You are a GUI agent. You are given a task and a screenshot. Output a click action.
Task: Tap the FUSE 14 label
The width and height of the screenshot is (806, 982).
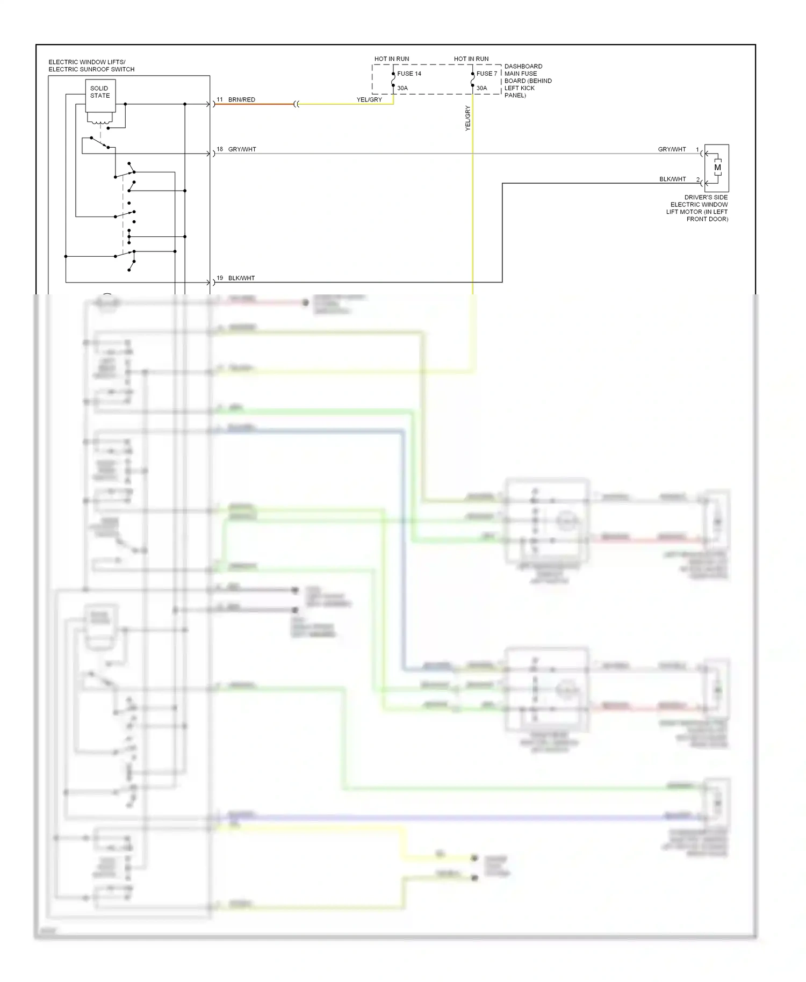pos(409,74)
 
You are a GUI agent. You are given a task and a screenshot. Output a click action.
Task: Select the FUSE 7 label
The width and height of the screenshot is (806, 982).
pos(487,74)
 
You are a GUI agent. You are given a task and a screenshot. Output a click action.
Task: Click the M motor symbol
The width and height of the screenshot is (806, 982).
pos(717,168)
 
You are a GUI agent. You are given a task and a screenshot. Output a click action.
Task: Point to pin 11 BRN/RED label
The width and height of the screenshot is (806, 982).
pos(236,99)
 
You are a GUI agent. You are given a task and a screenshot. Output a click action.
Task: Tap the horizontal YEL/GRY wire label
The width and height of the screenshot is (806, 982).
pos(369,99)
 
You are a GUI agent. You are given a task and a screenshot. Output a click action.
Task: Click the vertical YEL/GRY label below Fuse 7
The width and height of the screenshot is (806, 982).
pos(467,118)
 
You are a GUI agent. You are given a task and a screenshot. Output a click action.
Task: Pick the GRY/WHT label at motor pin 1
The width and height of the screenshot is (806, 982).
pos(672,149)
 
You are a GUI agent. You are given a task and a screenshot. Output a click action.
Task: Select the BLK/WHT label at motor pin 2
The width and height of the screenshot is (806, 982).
pos(672,179)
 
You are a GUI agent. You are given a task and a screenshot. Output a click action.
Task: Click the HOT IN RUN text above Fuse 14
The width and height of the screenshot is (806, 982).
pos(392,59)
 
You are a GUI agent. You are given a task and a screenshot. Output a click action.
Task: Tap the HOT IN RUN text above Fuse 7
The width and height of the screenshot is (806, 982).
pos(471,59)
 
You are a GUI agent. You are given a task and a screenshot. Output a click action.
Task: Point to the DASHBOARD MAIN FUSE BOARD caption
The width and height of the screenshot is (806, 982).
pos(528,81)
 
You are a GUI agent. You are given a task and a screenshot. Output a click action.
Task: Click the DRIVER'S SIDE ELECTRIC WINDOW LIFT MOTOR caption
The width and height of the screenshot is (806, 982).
pos(699,208)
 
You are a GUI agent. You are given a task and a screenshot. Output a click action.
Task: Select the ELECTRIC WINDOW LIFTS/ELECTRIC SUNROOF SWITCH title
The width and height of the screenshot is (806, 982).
pos(91,66)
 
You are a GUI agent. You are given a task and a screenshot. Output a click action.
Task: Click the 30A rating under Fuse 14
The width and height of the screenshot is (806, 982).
pos(402,88)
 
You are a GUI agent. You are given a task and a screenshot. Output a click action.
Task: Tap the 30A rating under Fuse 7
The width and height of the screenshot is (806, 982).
pos(481,88)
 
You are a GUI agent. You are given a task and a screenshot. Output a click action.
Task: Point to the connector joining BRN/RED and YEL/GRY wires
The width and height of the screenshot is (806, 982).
pos(296,104)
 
